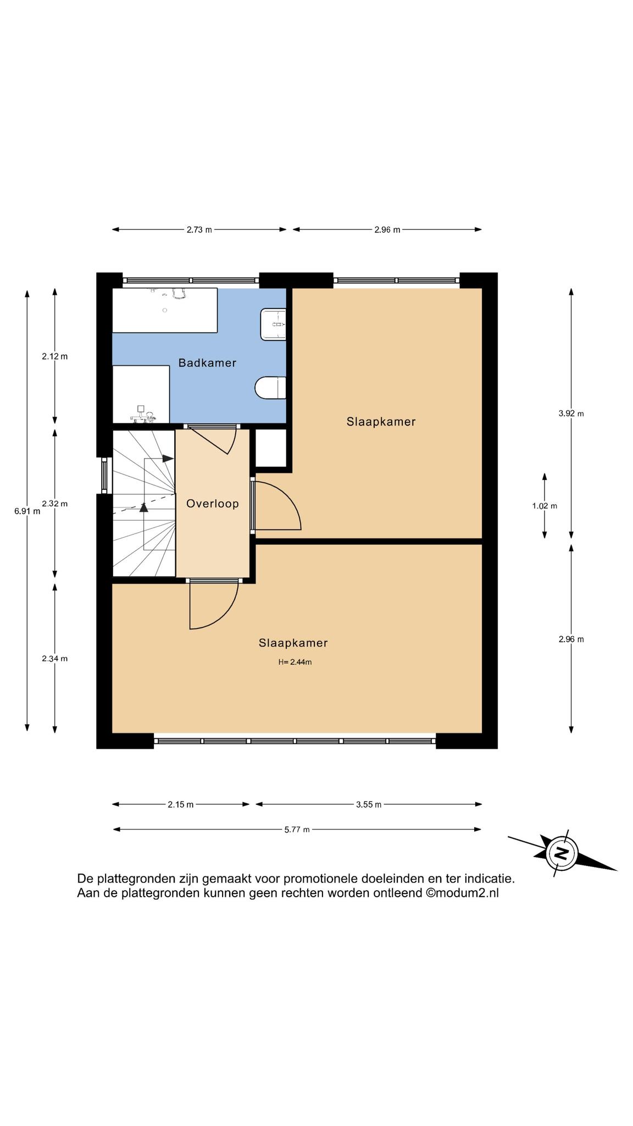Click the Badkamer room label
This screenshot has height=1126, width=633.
coord(207,363)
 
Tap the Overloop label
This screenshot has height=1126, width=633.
coord(213,504)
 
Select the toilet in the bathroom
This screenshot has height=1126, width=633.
coord(270,388)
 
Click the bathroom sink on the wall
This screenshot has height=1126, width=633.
coord(273,324)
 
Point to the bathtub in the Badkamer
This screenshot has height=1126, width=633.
coord(165,310)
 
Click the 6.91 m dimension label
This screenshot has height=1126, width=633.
coord(27,511)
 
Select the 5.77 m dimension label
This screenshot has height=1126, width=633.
coord(297,829)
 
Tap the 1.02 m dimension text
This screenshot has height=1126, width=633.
coord(545,506)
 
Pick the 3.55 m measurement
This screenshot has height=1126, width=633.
coord(368,804)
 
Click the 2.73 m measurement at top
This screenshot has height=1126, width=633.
coord(199,230)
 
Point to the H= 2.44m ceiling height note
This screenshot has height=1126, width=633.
coord(295,662)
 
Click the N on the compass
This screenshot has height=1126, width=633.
coord(562,853)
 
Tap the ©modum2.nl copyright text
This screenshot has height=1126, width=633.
coord(462,893)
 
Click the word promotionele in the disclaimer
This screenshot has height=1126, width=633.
coord(318,879)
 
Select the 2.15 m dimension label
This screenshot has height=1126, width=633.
coord(181,804)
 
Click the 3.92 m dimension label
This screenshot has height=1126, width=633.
coord(571,413)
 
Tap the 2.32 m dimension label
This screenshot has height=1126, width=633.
coord(54,504)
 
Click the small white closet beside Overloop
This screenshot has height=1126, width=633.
coord(271,448)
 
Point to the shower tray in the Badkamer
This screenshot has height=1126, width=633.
coord(141,394)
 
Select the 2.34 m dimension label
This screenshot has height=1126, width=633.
coord(54,659)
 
